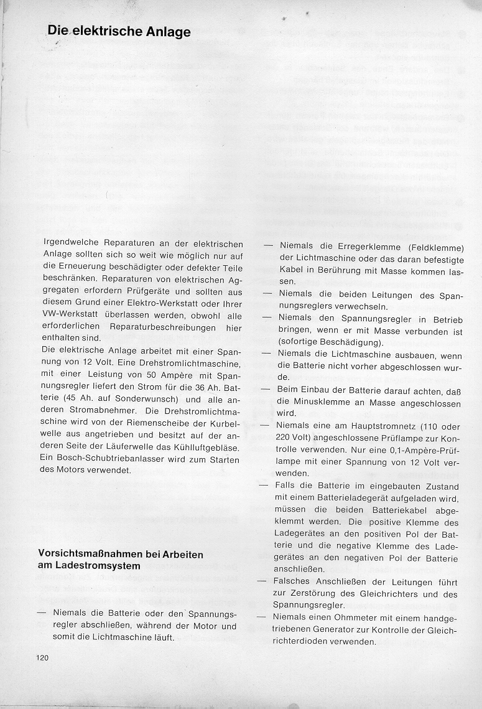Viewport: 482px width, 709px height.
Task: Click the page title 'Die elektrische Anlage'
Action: coord(119,31)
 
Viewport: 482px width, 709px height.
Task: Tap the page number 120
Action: coord(42,657)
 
